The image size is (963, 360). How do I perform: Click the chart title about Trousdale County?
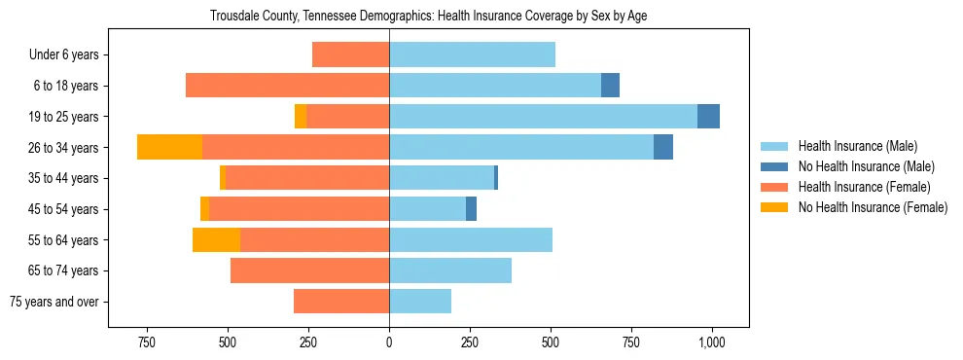tap(428, 17)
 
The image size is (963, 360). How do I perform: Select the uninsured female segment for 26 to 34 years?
tap(169, 147)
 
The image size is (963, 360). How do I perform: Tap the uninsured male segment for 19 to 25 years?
tap(708, 116)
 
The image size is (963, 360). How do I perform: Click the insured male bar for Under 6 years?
tap(472, 54)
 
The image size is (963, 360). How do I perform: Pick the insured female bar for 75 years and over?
tap(341, 302)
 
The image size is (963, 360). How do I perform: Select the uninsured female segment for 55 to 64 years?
tap(216, 239)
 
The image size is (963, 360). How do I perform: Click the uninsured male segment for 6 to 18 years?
tap(610, 86)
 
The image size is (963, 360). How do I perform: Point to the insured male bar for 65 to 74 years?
tap(450, 270)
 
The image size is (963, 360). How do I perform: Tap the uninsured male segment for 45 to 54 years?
tap(471, 208)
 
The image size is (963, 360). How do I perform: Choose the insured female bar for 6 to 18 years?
tap(287, 86)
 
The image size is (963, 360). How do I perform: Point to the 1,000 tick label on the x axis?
tap(712, 342)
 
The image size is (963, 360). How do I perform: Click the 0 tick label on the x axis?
tap(389, 342)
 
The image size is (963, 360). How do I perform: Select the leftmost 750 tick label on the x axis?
tap(147, 342)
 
